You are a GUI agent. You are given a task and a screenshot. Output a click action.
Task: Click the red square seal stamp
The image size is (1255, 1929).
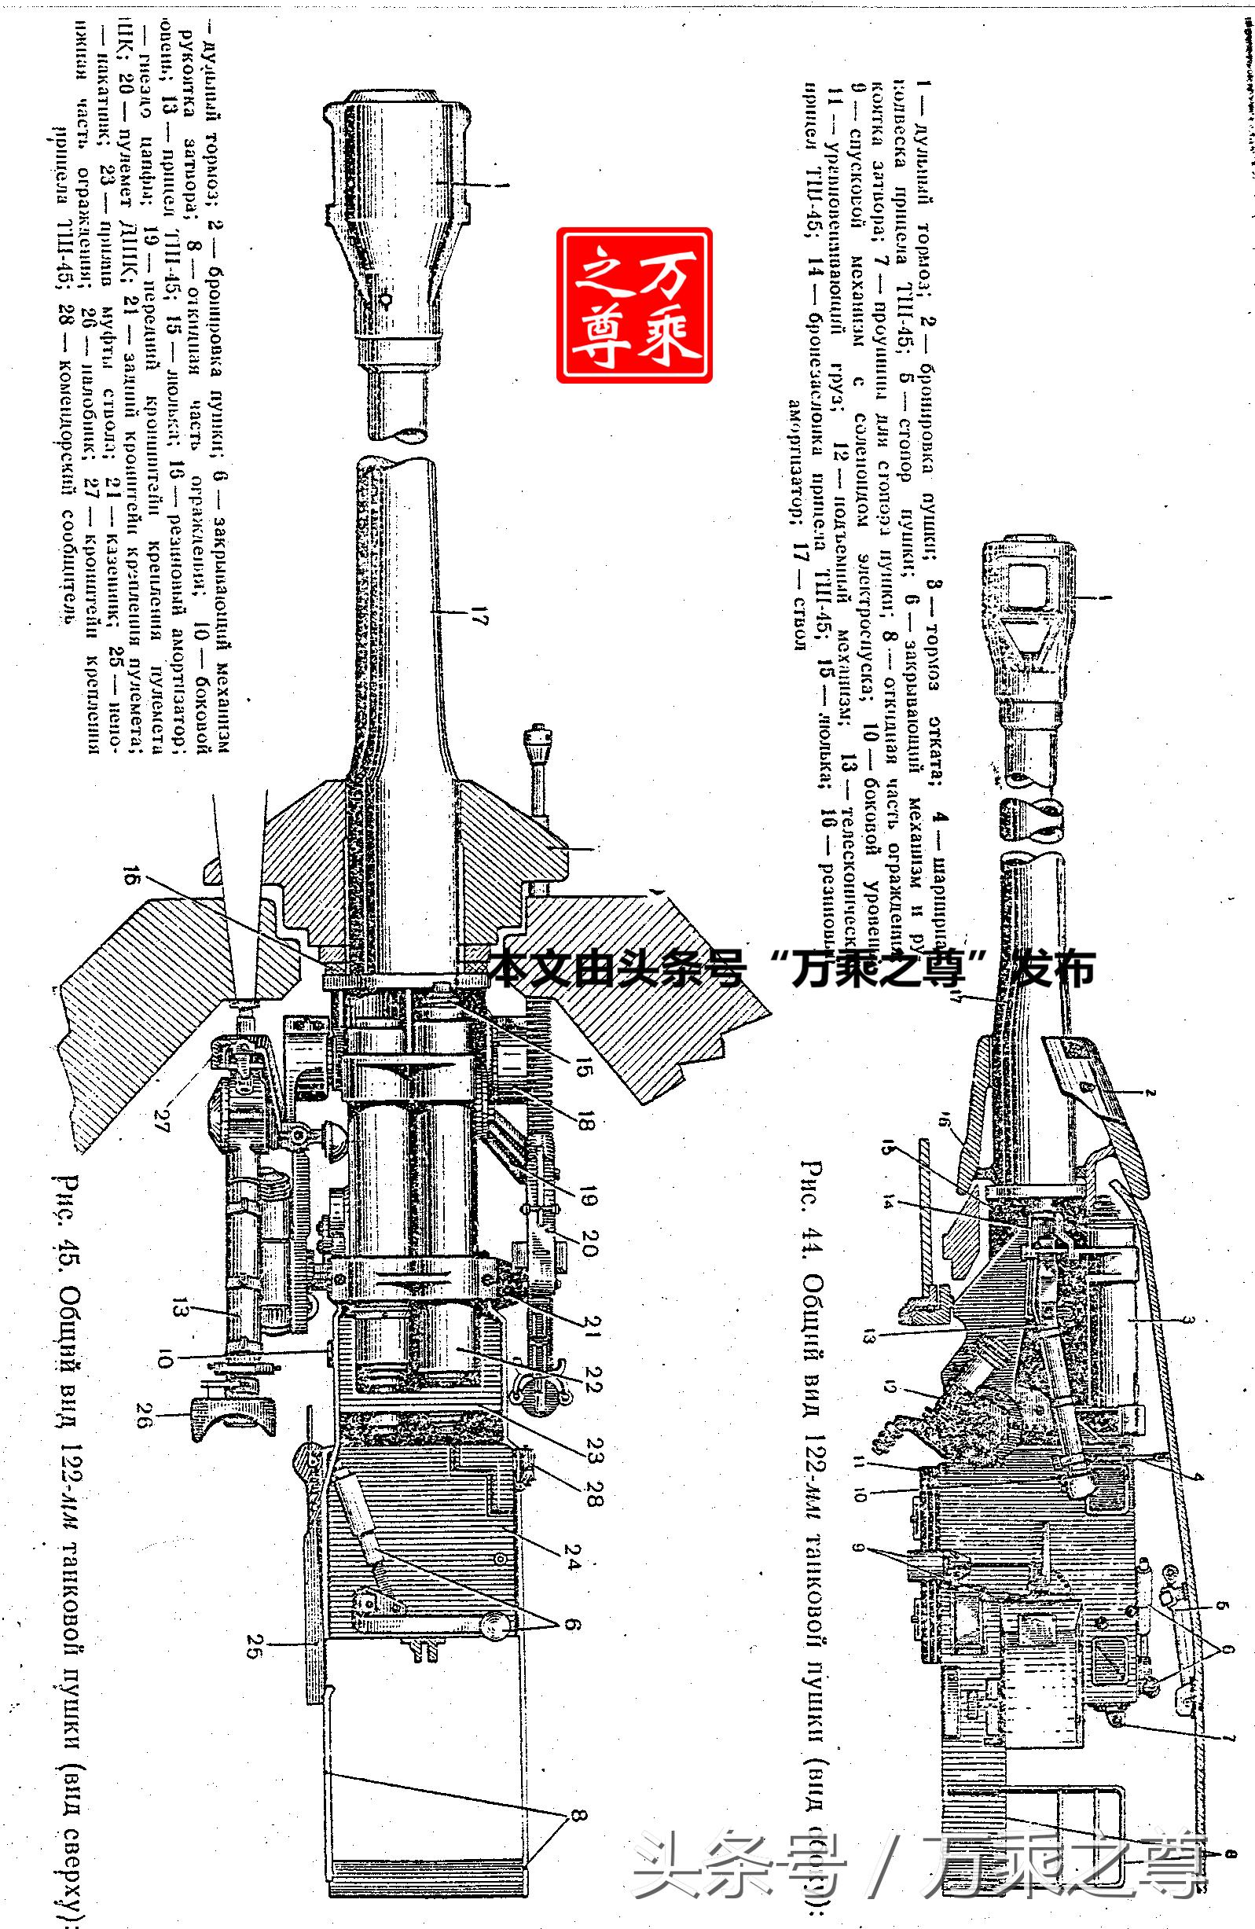(633, 305)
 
